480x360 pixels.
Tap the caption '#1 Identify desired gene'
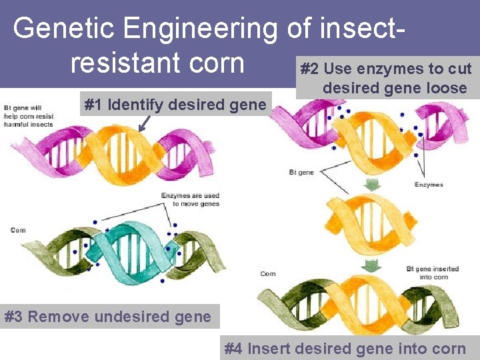174,105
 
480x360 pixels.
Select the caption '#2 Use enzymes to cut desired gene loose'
386,78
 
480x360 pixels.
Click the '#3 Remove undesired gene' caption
107,316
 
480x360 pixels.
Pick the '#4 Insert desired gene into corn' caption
345,348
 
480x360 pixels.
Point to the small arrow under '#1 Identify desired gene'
143,123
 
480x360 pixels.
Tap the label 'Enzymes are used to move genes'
190,199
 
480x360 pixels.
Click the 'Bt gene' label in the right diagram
301,172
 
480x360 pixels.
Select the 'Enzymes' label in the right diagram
429,185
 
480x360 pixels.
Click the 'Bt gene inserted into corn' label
433,273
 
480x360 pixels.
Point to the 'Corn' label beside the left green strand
18,230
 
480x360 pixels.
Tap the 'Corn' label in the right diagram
268,273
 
